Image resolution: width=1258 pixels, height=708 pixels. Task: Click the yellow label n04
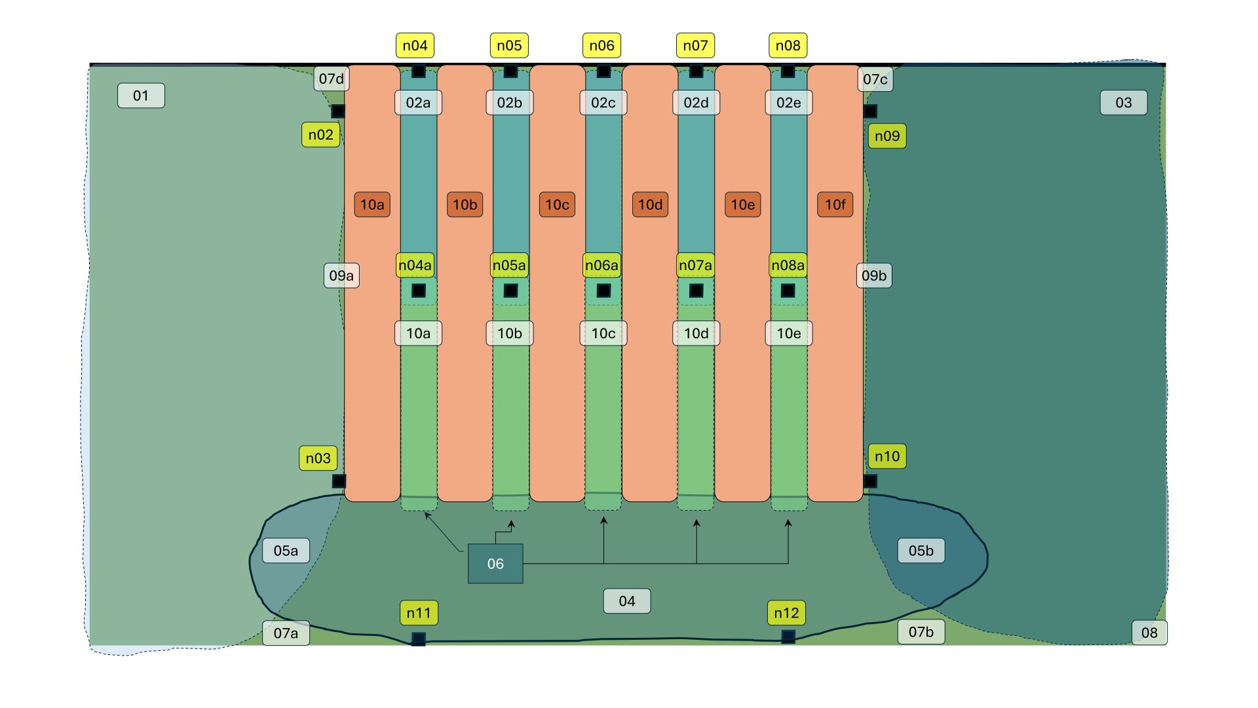click(415, 46)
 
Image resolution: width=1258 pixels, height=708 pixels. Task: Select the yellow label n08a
click(788, 265)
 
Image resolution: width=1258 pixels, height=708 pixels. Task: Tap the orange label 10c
click(557, 205)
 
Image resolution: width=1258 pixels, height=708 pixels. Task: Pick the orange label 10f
click(835, 205)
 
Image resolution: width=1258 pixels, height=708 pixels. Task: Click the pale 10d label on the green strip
click(696, 334)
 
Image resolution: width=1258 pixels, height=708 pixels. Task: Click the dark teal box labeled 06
click(495, 564)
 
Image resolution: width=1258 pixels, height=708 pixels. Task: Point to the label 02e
click(788, 103)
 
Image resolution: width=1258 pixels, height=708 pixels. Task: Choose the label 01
click(141, 96)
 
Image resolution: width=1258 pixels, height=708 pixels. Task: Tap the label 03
click(1123, 103)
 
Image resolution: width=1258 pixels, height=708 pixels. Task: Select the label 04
click(626, 601)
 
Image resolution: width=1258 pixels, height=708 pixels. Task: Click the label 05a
click(286, 551)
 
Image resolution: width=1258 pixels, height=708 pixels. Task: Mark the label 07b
click(921, 632)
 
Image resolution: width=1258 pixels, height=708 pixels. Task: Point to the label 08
click(1149, 633)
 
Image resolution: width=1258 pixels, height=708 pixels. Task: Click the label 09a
click(341, 275)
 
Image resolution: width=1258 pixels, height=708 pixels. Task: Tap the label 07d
click(331, 79)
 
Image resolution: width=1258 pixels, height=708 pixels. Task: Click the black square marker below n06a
click(603, 290)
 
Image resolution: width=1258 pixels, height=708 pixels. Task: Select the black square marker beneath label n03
click(339, 481)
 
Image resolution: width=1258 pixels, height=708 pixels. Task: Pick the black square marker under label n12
click(788, 637)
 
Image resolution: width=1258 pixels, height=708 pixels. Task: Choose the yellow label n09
click(887, 136)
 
